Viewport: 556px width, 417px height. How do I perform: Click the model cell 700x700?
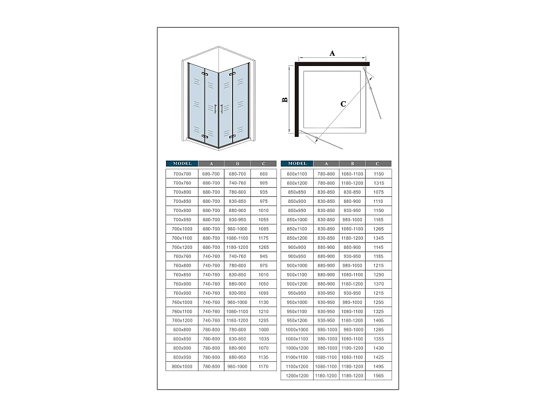[182, 174]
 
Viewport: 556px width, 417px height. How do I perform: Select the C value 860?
[263, 174]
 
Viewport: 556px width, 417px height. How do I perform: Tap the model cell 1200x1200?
[297, 375]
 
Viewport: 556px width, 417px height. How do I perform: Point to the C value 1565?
[378, 375]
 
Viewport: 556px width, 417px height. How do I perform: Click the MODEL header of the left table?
[182, 163]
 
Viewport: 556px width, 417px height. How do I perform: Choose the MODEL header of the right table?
[297, 163]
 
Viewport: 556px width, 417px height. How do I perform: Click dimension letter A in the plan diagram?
[333, 53]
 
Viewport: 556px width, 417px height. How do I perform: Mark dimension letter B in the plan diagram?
[284, 100]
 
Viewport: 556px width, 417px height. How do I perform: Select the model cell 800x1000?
[182, 366]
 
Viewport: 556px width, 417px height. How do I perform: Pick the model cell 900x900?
[297, 247]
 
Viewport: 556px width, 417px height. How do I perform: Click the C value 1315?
[378, 183]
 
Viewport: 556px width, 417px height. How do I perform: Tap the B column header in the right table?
[352, 163]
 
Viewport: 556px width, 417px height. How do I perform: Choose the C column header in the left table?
[263, 163]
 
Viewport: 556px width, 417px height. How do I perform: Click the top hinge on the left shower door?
[205, 73]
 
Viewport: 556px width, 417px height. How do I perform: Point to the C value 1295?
[263, 320]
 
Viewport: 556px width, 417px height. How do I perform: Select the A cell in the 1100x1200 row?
[326, 366]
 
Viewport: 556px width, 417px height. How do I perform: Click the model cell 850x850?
[297, 192]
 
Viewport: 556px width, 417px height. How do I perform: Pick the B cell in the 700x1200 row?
[237, 247]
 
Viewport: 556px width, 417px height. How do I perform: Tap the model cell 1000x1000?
[297, 329]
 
